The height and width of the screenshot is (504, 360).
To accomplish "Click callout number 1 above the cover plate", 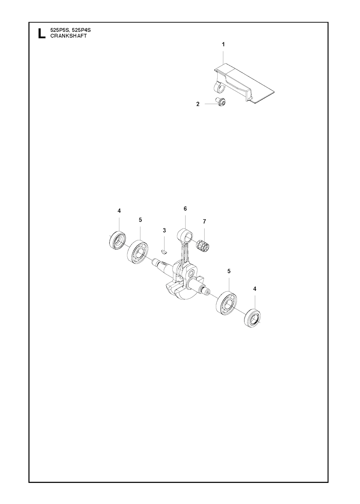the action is [x=223, y=45].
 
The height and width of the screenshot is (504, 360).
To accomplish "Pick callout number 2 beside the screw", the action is [x=198, y=104].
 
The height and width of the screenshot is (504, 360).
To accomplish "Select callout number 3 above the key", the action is [x=164, y=231].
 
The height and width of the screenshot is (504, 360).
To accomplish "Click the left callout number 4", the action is [x=119, y=211].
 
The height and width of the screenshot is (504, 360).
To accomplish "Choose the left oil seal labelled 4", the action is [x=117, y=240].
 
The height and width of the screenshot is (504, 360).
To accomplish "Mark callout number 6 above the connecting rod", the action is [x=185, y=208].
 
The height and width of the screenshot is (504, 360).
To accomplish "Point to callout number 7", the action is [x=204, y=222].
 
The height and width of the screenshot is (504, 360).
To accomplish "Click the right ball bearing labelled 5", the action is [x=226, y=303].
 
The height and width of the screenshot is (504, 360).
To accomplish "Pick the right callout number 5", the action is [x=229, y=271].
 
